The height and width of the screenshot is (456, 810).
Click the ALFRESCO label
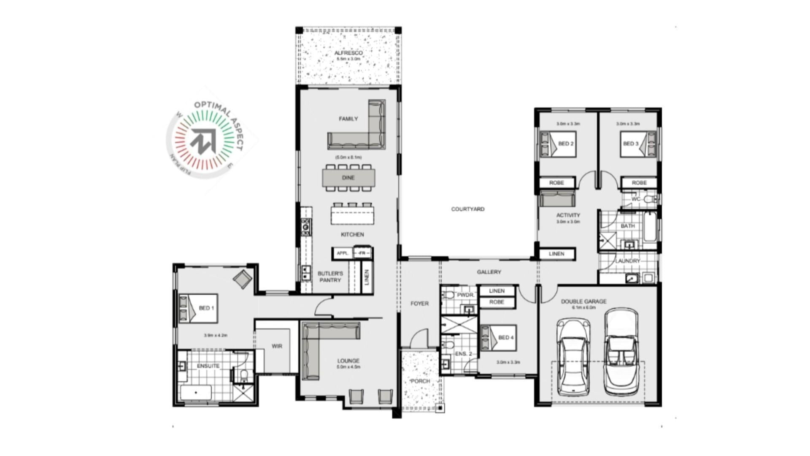point(348,53)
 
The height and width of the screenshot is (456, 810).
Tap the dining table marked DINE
point(348,178)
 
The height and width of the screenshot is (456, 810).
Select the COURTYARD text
point(467,209)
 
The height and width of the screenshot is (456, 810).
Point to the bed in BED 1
point(198,308)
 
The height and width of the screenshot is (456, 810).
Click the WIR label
point(277,346)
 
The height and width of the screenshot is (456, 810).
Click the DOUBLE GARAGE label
point(583,301)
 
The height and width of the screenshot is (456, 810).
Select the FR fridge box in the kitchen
point(362,253)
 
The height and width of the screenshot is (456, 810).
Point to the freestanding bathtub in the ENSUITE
point(196,393)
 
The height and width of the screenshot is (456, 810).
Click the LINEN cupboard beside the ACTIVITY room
point(557,254)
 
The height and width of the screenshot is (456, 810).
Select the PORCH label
point(420,381)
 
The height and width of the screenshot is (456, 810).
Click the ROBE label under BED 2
point(556,183)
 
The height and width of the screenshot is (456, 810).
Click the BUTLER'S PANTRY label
point(330,277)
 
